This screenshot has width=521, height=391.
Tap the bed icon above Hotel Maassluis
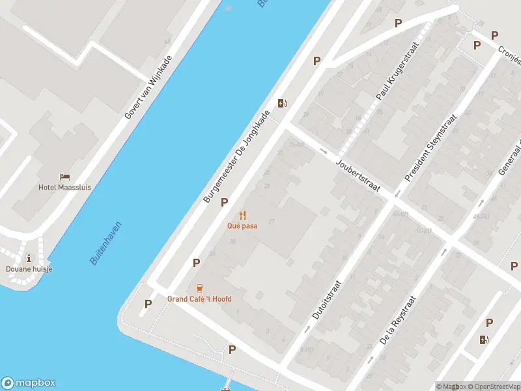(64, 177)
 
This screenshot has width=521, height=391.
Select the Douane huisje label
(29, 268)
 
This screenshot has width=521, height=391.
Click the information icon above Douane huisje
(29, 258)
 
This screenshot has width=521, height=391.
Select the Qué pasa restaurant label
(242, 225)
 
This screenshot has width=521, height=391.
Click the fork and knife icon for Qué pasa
(242, 214)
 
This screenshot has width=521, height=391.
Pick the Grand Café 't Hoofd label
(199, 299)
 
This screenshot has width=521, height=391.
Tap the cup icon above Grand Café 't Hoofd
(199, 287)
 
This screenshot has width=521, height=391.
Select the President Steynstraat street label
(430, 149)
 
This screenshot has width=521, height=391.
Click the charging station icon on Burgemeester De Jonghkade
(282, 103)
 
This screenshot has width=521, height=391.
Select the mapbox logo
(29, 383)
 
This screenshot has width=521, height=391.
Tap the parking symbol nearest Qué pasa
(225, 202)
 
